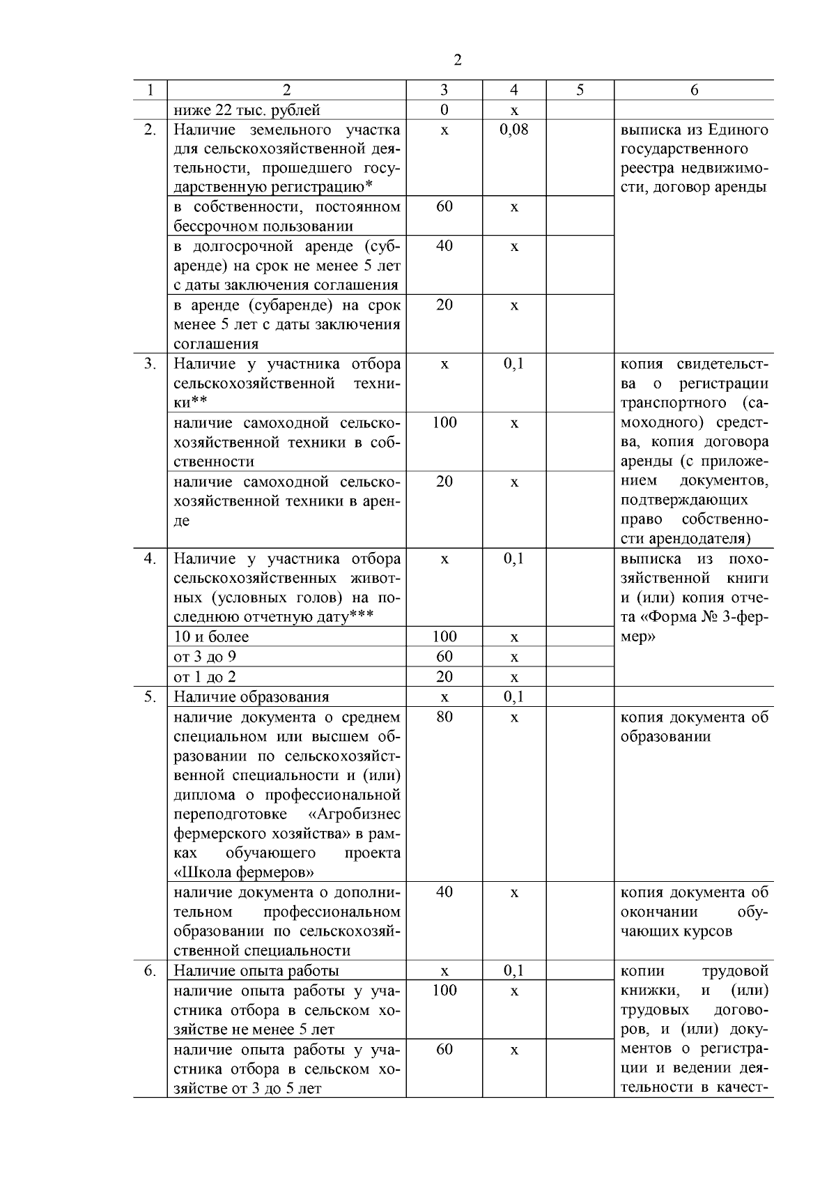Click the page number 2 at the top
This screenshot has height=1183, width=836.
click(x=457, y=60)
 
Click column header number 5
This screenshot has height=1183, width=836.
click(x=580, y=90)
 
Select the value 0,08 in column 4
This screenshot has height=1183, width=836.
click(x=514, y=130)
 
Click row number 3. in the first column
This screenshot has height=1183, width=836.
click(x=150, y=364)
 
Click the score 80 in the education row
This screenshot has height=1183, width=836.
click(x=444, y=717)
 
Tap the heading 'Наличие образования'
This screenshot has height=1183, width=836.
click(x=251, y=697)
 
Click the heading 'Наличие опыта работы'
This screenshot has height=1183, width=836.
click(x=256, y=971)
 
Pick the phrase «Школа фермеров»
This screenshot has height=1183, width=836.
click(x=243, y=873)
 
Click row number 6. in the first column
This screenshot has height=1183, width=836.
click(x=150, y=971)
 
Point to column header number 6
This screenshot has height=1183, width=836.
click(x=694, y=90)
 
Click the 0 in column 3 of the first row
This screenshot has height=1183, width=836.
click(x=444, y=110)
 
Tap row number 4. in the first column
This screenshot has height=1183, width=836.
click(x=150, y=559)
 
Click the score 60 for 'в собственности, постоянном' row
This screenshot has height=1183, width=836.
click(x=444, y=207)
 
